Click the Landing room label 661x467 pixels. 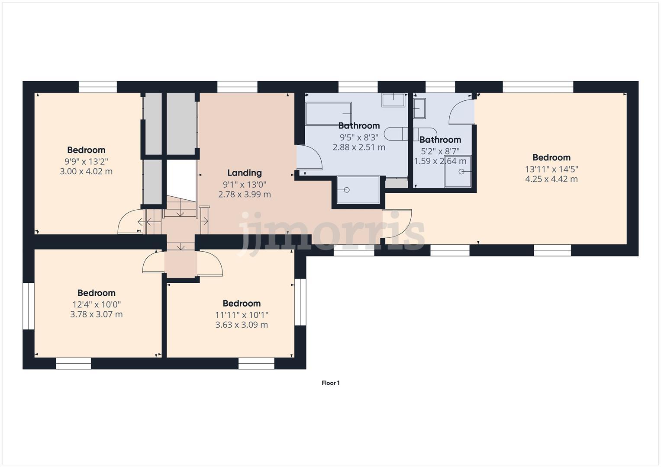pos(245,173)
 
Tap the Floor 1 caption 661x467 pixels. pos(330,383)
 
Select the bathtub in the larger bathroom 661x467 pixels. pos(328,113)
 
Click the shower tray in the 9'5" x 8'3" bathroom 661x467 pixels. pos(358,189)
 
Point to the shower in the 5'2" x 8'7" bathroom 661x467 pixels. pos(458,171)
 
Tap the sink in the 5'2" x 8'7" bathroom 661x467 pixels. pos(419,108)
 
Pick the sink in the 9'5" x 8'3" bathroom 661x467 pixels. pos(393,100)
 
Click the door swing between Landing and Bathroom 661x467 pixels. pos(310,158)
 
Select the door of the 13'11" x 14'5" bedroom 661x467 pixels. pos(397,224)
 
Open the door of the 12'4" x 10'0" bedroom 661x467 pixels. pos(153,263)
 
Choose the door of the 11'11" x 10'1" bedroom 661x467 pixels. pos(210,264)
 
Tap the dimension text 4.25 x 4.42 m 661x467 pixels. pos(551,179)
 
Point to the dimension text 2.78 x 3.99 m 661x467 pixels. pos(245,195)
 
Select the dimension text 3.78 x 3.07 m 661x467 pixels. pos(97,314)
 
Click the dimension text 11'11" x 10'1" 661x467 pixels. pos(242,315)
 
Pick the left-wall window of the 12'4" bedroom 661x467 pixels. pos(29,306)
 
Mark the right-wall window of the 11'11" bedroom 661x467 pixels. pos(300,302)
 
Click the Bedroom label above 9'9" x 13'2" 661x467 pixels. pos(86,150)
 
